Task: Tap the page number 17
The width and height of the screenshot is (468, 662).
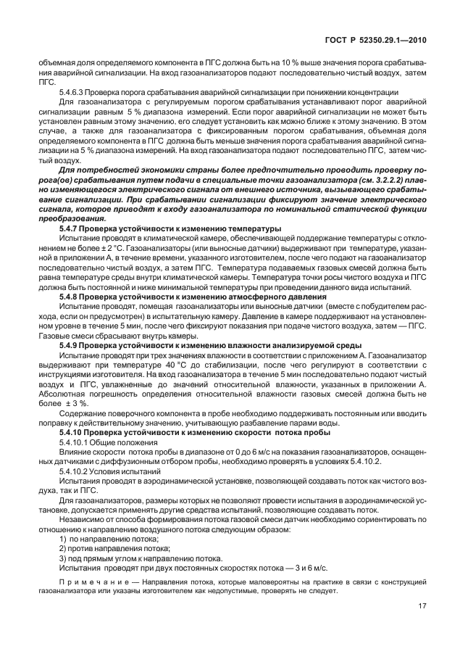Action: (x=422, y=606)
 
